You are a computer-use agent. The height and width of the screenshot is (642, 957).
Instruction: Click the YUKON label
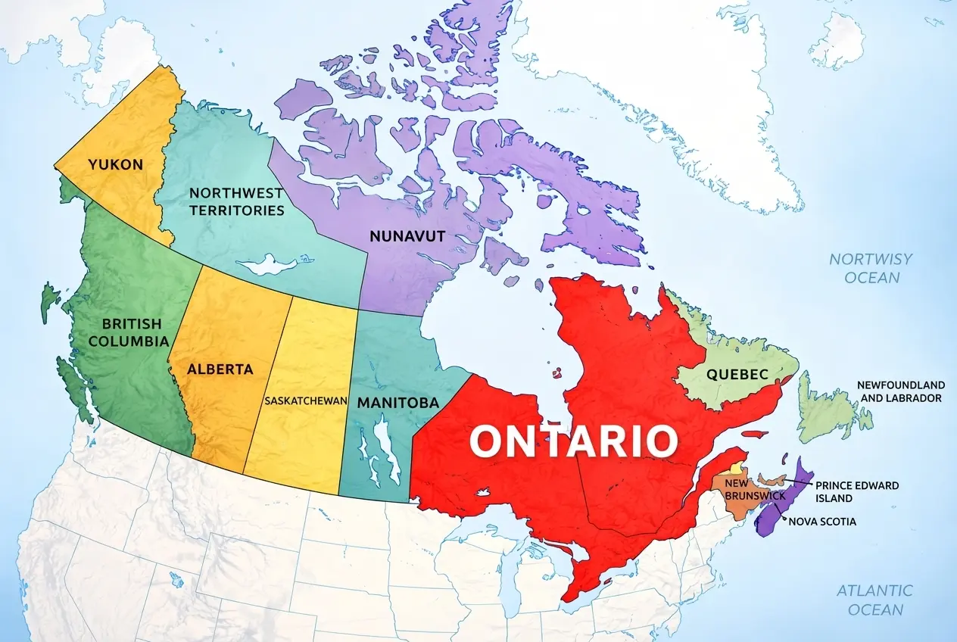(115, 164)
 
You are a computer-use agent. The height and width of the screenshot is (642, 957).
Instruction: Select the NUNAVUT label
(407, 235)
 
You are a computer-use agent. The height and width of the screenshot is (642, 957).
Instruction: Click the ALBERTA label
(220, 369)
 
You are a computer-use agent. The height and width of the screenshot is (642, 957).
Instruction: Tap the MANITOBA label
(397, 402)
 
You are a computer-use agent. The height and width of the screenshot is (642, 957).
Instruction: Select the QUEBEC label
(737, 374)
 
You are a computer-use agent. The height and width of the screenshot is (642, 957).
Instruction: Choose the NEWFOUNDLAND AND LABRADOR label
(900, 391)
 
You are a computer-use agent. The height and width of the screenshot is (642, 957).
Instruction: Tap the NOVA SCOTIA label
(823, 521)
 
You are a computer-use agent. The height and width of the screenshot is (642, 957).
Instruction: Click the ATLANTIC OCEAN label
(875, 600)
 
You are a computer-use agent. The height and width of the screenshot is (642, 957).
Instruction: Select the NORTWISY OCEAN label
(871, 268)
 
